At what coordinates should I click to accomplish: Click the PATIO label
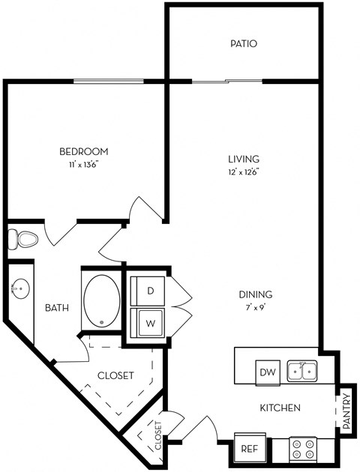pos(244,43)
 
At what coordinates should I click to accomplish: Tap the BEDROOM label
pos(84,151)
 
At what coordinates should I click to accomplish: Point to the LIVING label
pos(244,159)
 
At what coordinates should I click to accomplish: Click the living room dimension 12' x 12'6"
pos(244,172)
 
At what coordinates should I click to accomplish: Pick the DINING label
pos(256,294)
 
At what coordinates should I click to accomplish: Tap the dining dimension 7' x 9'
pos(256,308)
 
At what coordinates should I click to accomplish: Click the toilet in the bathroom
pos(22,240)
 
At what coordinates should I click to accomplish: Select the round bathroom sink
pos(20,288)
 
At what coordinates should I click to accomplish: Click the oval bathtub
pos(101,301)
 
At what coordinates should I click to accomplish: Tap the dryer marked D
pos(148,291)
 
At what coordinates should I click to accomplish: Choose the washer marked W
pos(148,322)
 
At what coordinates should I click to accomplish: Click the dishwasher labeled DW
pos(268,372)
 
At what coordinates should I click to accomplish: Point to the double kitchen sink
pos(301,371)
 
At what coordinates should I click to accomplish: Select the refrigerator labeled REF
pos(250,448)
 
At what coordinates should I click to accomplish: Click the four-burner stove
pos(303,450)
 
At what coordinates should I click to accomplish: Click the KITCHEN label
pos(280,408)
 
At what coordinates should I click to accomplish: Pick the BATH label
pos(57,308)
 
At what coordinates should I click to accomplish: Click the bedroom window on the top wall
pos(109,81)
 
